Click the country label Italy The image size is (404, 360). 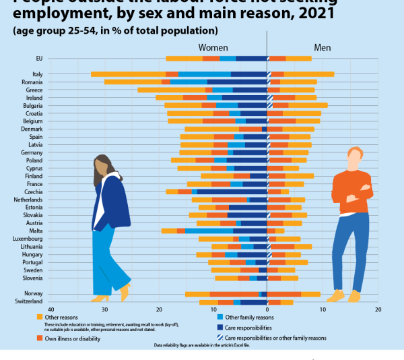(x=38, y=74)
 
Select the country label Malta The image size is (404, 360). (x=37, y=231)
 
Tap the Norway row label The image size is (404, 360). (x=35, y=294)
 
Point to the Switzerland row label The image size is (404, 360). (x=30, y=301)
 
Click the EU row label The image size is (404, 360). (x=39, y=59)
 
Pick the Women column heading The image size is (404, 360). (x=212, y=48)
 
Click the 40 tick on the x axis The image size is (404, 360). (x=50, y=309)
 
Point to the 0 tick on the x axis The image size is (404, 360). (x=267, y=309)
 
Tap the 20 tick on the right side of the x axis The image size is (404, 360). (x=377, y=309)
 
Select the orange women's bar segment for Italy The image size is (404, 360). (x=128, y=74)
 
